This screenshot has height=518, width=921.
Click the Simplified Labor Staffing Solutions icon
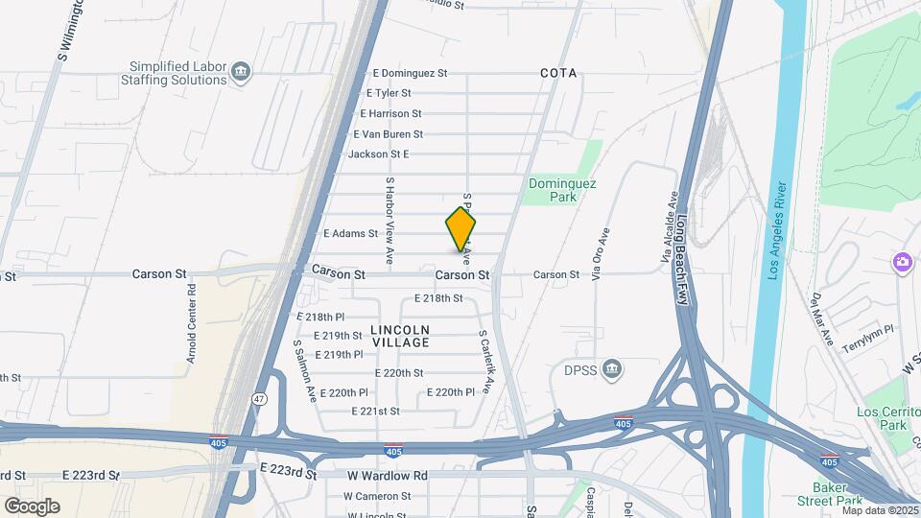pos(241,69)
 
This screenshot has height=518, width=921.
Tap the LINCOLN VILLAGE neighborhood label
pos(399,336)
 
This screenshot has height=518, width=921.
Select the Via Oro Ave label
pos(600,254)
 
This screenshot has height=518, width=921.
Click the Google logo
pos(32,506)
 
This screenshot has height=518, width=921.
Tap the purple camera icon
pos(902,262)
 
